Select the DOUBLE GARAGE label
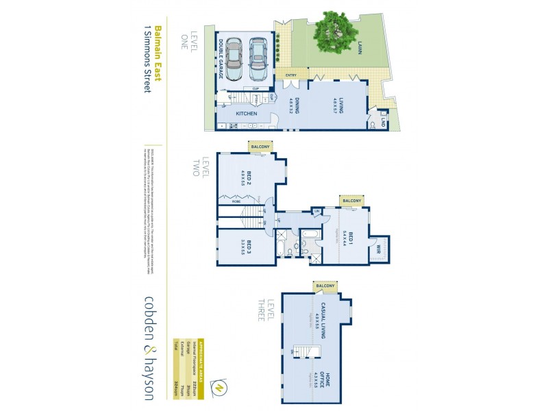(221, 58)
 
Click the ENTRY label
(291, 75)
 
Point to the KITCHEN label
(246, 113)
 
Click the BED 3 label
(250, 247)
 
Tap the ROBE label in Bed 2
(236, 202)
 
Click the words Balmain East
(158, 54)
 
